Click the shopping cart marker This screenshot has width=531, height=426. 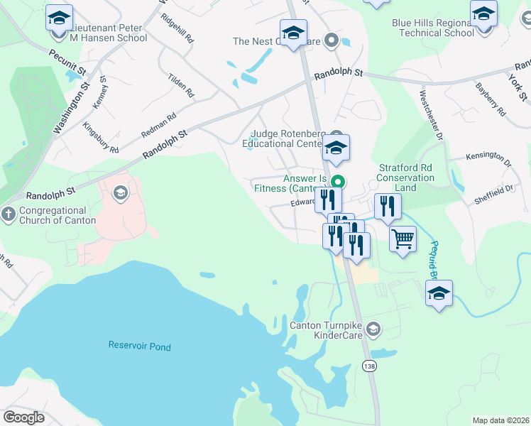point(403,239)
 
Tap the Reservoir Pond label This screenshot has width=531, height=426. point(140,346)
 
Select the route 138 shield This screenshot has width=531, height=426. point(368,366)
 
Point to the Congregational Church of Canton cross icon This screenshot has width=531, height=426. point(9,214)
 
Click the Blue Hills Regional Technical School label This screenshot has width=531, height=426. point(433,28)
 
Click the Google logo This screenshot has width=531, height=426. point(23,417)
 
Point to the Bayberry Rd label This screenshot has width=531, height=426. point(491,100)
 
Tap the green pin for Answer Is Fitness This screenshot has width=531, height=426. point(339,181)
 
